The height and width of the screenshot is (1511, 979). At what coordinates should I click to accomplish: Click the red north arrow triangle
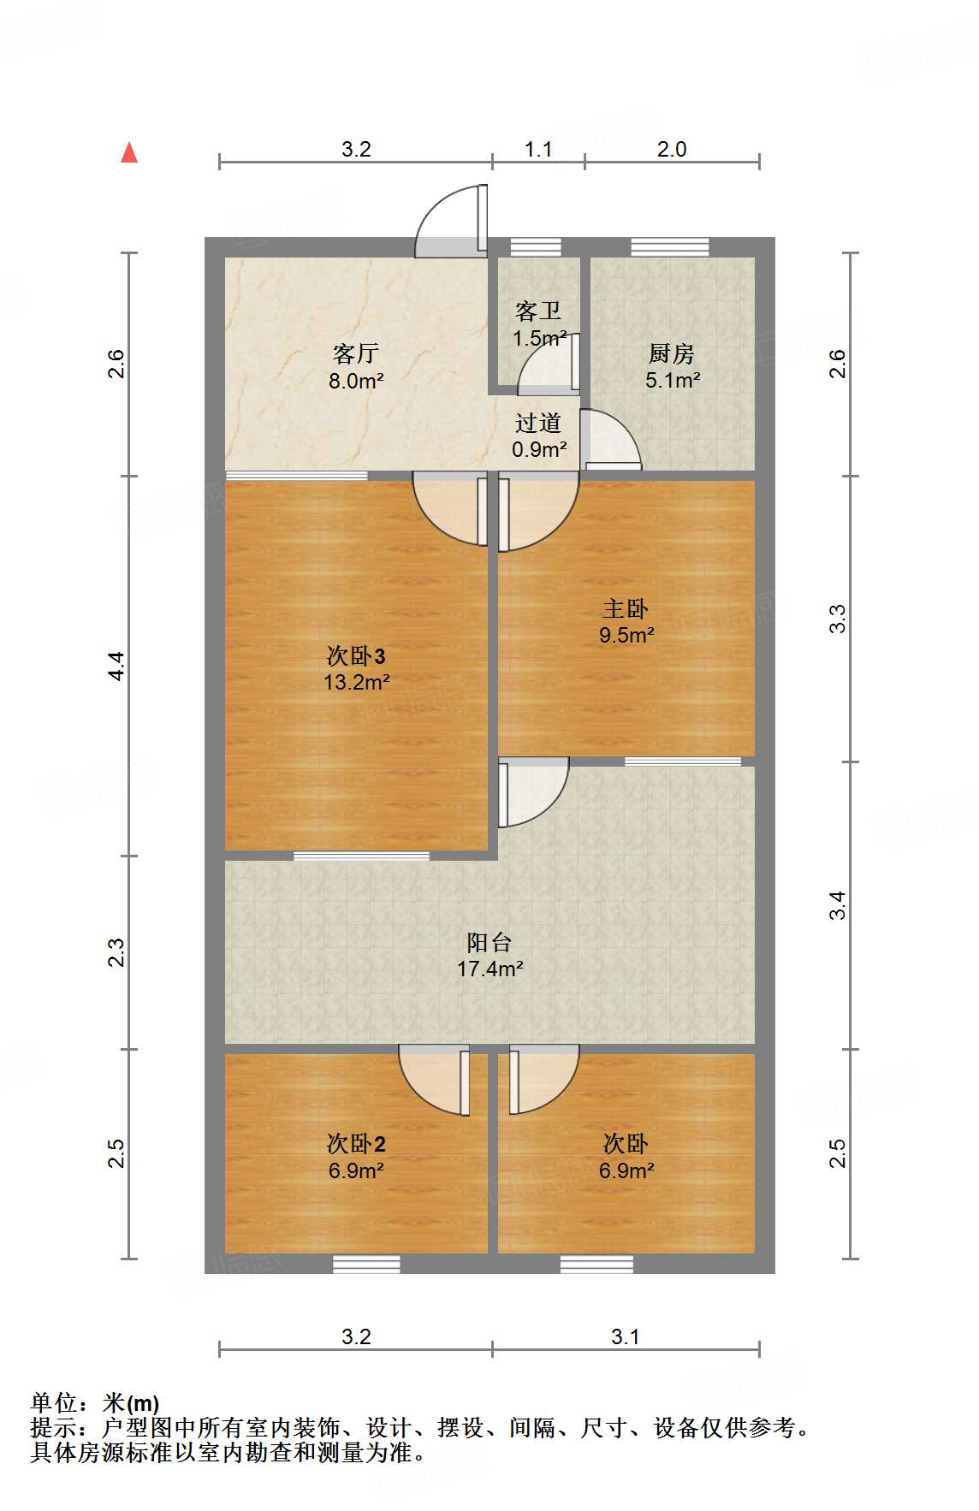[129, 153]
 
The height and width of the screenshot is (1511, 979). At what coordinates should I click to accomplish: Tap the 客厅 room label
[355, 353]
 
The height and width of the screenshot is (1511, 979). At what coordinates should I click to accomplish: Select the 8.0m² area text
[356, 381]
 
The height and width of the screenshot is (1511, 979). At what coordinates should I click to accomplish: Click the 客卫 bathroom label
[538, 311]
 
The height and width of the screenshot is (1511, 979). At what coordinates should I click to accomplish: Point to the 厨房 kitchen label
[671, 353]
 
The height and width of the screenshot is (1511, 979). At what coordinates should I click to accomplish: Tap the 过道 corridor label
[538, 423]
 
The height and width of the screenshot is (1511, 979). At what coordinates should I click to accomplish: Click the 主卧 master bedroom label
[626, 608]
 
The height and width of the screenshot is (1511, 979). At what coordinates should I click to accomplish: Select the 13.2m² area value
[356, 682]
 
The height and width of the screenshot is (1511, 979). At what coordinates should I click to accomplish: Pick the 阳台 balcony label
[489, 942]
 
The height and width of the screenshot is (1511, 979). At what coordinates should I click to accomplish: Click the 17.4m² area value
[489, 969]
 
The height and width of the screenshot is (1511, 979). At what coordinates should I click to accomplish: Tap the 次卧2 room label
[356, 1143]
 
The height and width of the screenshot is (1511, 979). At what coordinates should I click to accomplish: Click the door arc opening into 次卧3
[448, 509]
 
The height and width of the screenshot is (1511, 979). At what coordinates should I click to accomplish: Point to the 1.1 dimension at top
[538, 150]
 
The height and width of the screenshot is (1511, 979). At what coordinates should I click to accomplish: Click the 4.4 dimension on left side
[116, 666]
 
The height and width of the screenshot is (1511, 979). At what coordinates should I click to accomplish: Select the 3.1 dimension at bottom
[626, 1336]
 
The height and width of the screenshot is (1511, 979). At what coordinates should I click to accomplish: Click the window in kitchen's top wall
[670, 247]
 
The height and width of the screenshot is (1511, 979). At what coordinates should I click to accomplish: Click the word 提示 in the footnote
[53, 1428]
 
